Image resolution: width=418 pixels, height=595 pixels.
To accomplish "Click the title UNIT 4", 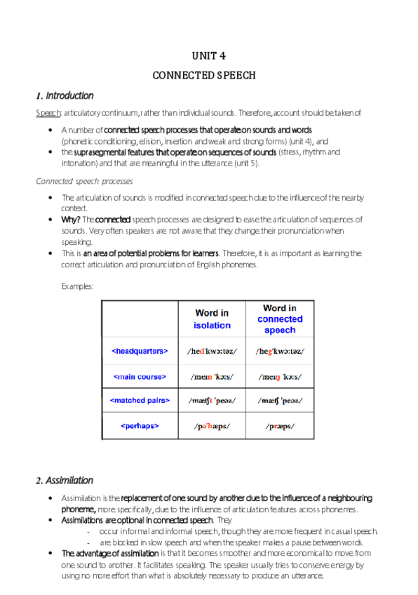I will click(x=208, y=56).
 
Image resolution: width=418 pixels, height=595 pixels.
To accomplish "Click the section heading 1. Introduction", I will click(x=65, y=95).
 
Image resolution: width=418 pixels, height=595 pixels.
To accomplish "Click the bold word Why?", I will click(x=71, y=220).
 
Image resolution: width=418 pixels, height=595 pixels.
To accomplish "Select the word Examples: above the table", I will click(x=77, y=286).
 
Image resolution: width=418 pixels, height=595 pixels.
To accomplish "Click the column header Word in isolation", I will click(x=212, y=319).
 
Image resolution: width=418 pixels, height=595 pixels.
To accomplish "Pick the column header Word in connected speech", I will click(x=280, y=319).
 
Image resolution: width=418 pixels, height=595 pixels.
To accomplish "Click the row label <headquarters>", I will click(x=140, y=350).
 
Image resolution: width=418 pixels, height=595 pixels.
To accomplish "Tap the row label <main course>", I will click(x=140, y=377).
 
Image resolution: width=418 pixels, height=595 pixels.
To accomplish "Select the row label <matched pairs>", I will click(x=140, y=401).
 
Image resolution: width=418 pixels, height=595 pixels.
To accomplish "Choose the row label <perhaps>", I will click(x=140, y=425).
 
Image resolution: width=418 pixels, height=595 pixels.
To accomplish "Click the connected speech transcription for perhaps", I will click(x=280, y=426).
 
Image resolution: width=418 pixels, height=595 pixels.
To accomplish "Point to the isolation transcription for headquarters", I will click(x=212, y=351).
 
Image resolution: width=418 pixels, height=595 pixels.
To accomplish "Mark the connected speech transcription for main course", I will click(x=280, y=377).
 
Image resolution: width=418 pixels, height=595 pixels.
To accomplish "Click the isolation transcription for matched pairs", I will click(x=212, y=401).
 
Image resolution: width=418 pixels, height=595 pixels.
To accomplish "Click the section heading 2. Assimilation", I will click(x=65, y=481).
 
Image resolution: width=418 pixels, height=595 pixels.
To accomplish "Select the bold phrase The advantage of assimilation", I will click(x=105, y=554).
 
